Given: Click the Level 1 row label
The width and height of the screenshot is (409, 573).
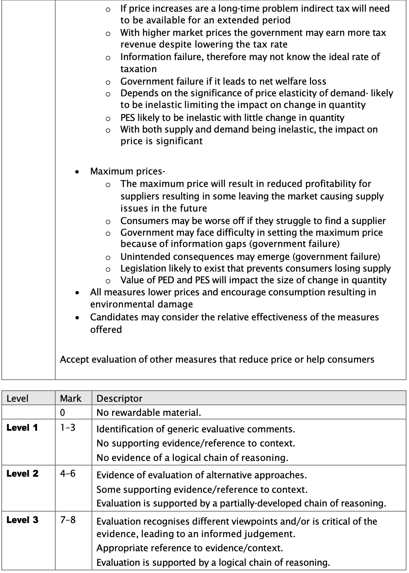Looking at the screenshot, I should point(22,428).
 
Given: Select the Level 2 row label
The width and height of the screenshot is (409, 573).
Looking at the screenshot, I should point(22,474).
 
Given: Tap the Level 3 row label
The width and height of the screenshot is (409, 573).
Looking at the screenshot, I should point(22,520).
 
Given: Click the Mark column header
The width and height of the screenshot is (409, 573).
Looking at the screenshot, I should point(71,399).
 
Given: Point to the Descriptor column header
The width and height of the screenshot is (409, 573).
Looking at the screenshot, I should point(119,399).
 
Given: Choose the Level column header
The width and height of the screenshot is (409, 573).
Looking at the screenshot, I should point(18,399).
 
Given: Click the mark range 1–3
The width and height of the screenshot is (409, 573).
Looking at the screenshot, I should point(67,428).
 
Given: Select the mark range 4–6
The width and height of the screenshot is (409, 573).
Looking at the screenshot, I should point(67,474).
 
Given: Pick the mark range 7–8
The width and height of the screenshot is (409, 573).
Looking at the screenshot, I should point(67,520).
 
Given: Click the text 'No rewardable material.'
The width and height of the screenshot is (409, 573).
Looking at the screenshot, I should point(148,413).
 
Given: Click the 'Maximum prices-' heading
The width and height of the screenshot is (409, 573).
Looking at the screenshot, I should point(127,172).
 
